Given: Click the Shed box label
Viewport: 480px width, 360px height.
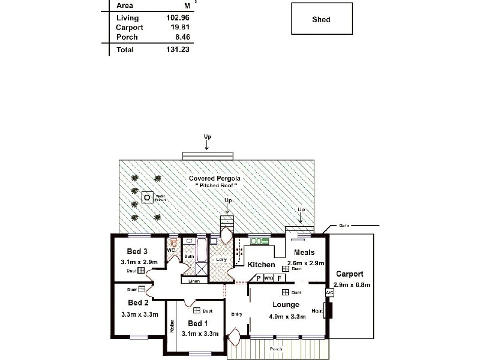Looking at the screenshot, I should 321,19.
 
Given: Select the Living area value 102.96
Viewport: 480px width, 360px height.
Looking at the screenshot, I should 178,17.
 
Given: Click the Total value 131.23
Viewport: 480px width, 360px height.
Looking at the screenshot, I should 178,50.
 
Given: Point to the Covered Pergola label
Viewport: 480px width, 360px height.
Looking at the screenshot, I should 215,178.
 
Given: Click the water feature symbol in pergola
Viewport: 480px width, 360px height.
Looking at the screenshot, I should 146,197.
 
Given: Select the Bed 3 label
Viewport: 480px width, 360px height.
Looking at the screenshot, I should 137,251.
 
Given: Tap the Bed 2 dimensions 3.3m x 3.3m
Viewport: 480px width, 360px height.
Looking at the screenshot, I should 139,314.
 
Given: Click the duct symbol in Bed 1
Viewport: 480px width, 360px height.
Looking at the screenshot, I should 196,311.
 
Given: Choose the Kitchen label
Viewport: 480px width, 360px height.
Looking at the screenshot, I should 262,265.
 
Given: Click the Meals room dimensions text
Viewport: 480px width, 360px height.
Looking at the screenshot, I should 307,263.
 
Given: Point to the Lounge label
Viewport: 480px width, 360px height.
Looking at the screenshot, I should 286,305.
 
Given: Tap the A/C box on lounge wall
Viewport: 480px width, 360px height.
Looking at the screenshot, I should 329,292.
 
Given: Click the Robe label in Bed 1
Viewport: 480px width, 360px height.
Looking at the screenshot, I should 172,326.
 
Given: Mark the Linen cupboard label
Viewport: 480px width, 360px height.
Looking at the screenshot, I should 193,281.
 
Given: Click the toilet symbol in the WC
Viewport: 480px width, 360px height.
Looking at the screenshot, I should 174,243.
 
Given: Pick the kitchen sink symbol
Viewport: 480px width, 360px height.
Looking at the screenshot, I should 260,241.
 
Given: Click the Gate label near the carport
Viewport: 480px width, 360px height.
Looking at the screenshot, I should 344,226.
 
